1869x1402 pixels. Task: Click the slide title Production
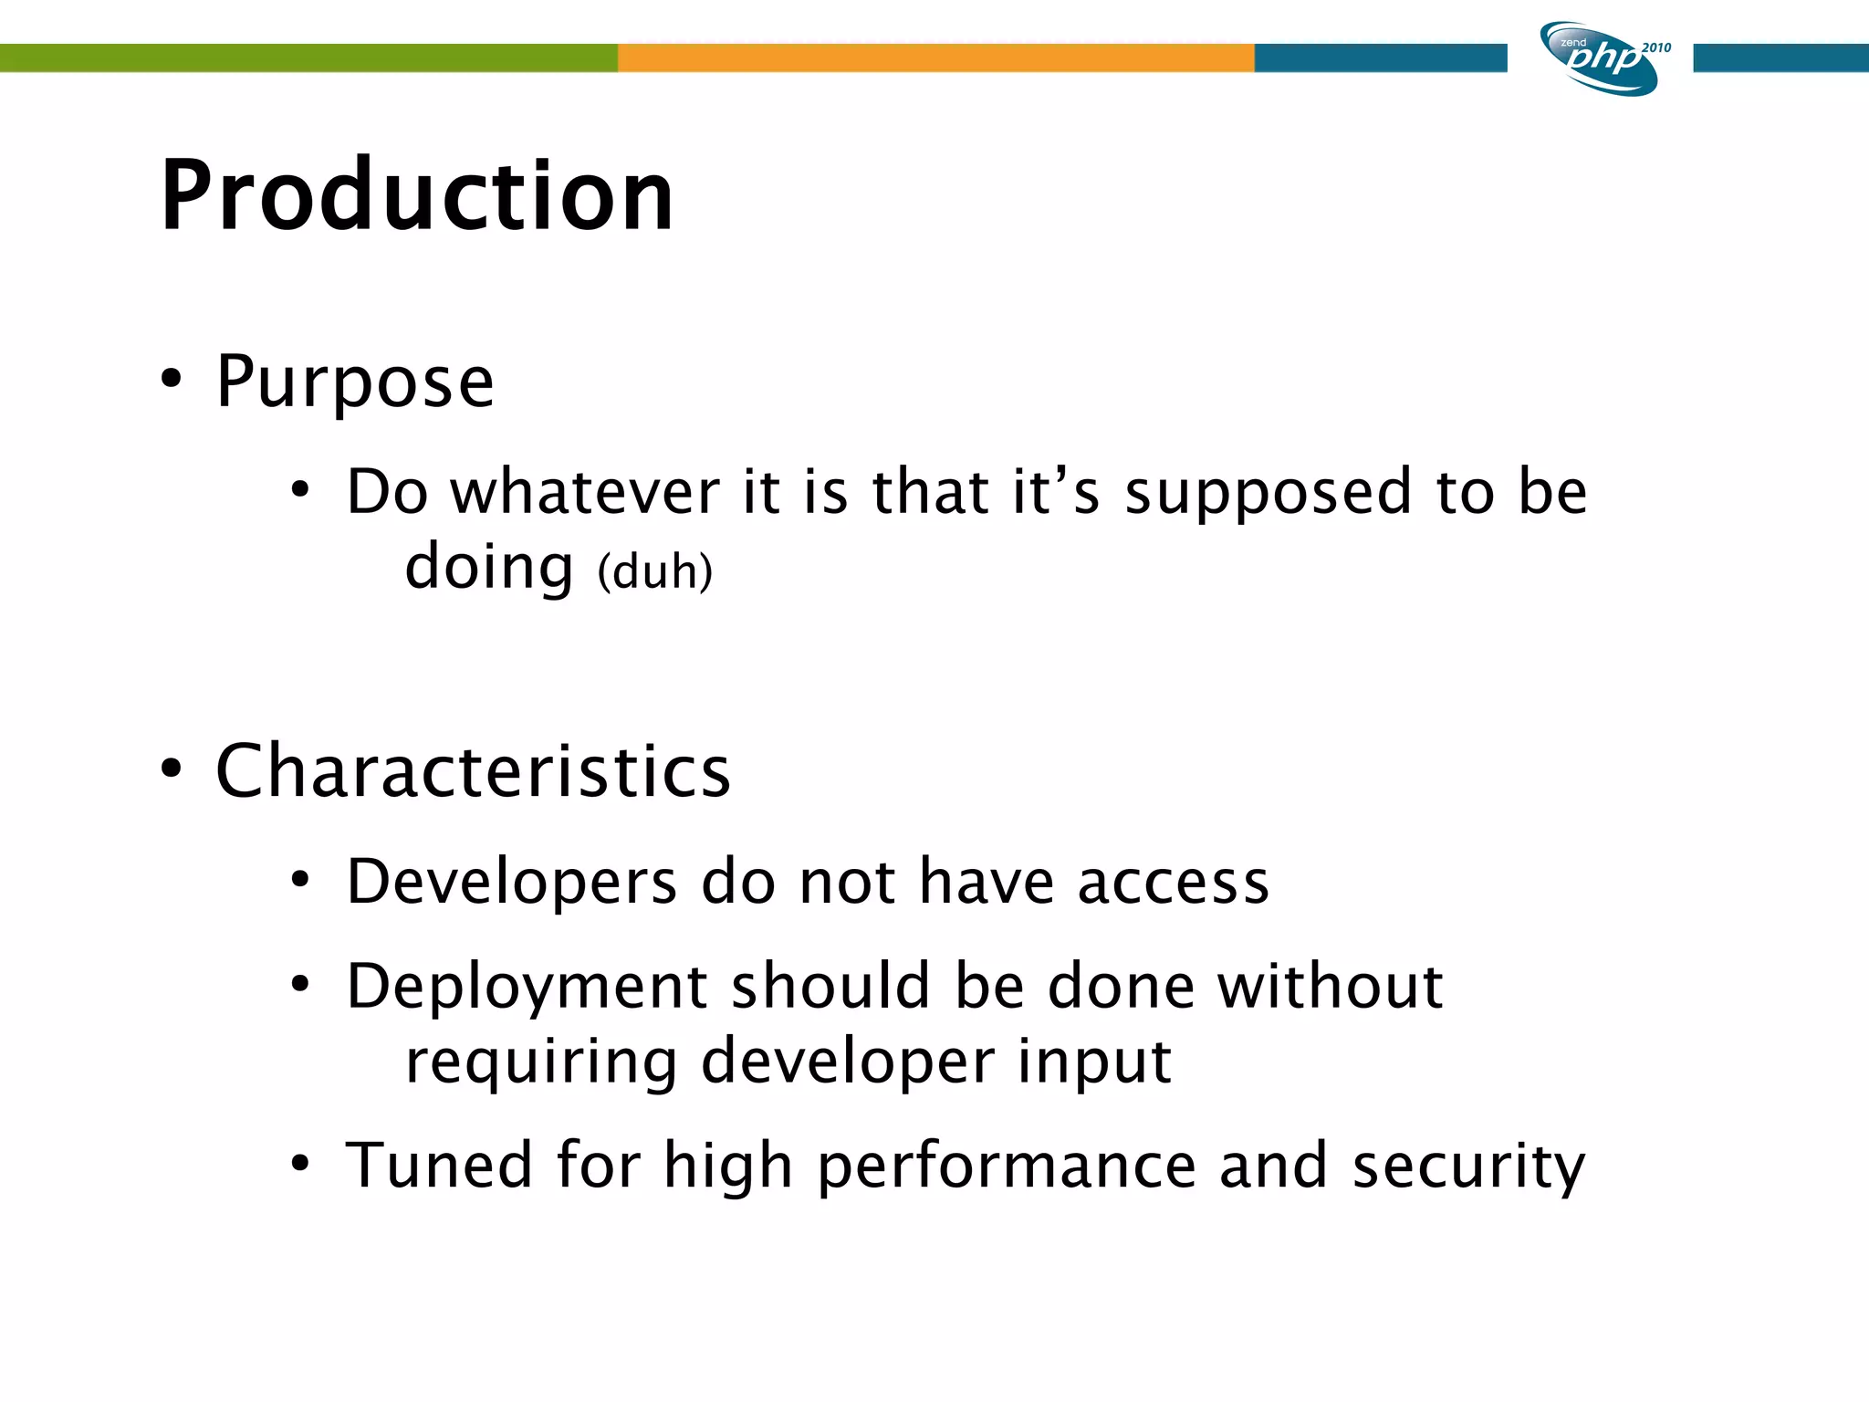coord(416,195)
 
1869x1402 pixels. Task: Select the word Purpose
coord(355,382)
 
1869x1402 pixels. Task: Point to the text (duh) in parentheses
coord(654,572)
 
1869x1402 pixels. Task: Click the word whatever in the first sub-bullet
coord(586,492)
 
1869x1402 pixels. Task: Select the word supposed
coord(1269,494)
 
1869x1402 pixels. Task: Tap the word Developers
coord(511,883)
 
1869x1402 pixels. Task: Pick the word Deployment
coord(527,988)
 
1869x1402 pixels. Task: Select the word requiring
coord(541,1062)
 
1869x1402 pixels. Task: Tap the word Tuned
coord(439,1166)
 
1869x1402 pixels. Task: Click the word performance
coord(1006,1167)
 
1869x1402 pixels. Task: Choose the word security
coord(1468,1167)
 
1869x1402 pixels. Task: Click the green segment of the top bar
coord(308,58)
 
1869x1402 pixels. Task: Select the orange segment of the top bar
coord(935,58)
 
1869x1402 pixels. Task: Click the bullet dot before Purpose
coord(171,379)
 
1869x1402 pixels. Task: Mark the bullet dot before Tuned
coord(300,1164)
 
